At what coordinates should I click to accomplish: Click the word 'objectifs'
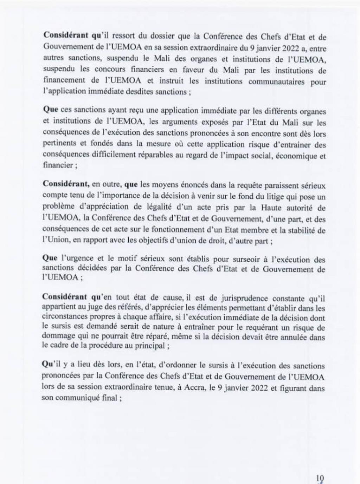coord(171,242)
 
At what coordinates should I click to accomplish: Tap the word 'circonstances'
coord(63,318)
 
